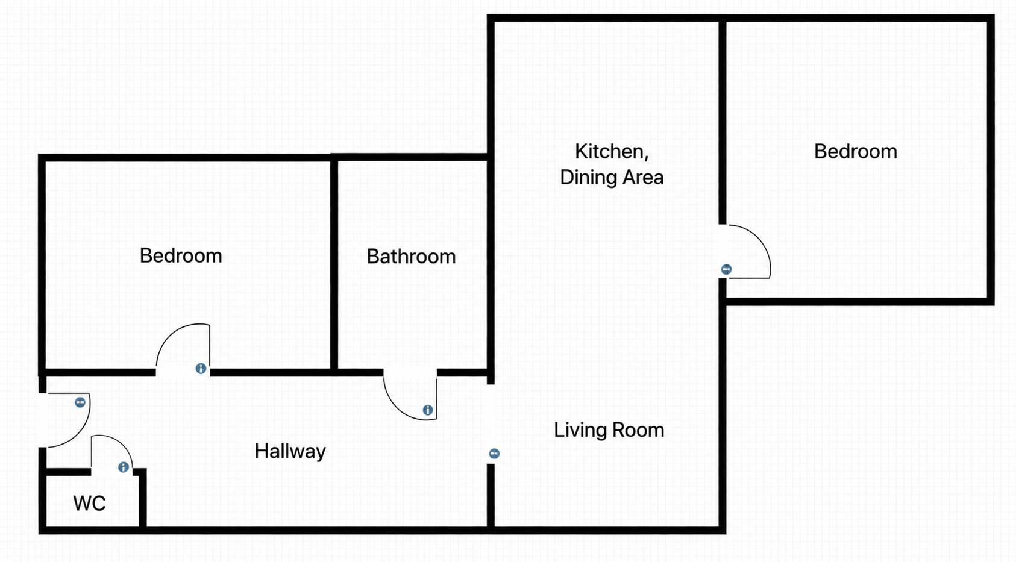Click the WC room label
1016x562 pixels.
pos(89,503)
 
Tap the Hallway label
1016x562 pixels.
pos(290,451)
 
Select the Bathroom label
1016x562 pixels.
pos(411,257)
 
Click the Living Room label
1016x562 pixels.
pos(609,430)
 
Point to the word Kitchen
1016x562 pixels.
pos(612,151)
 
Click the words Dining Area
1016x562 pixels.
pos(612,176)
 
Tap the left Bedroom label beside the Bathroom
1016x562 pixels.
pos(181,255)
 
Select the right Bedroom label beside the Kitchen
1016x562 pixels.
pos(856,151)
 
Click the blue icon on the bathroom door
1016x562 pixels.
pos(428,410)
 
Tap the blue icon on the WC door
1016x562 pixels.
pos(124,467)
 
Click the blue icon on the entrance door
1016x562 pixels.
pos(80,402)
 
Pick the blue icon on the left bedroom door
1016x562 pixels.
pos(201,369)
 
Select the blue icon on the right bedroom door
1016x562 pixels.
pos(726,270)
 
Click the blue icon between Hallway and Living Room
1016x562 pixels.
pos(494,454)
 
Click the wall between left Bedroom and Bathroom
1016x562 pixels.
pos(334,265)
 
